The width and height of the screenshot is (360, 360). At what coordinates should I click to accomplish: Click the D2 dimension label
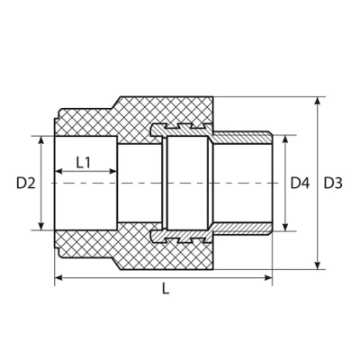coord(24,183)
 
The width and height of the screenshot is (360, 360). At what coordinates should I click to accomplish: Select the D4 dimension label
coord(300,183)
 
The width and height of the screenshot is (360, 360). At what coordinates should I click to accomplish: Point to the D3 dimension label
coord(334,183)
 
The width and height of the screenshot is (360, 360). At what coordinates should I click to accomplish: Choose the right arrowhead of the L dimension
coord(268,278)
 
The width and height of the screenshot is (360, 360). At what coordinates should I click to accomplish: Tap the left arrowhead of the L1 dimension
coord(59,172)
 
